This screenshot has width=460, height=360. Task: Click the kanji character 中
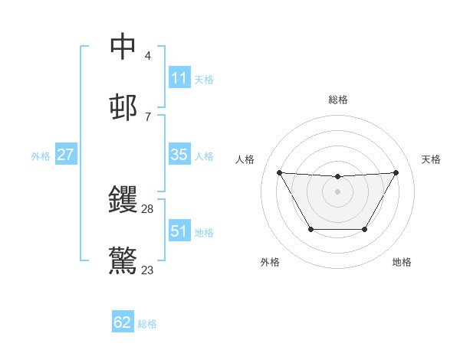pos(123,46)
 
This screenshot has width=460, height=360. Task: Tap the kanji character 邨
pos(123,106)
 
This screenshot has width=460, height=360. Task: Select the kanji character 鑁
pos(123,200)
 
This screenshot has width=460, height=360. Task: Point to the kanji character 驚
pos(123,260)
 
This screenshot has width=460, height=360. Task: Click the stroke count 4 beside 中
pos(147,55)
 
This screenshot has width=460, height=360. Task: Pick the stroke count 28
pos(148,209)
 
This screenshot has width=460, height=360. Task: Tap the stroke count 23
pos(148,270)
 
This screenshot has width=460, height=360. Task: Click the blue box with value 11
pos(179,78)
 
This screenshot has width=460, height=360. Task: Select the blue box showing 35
pos(179,155)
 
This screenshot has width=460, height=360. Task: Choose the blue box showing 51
pos(179,231)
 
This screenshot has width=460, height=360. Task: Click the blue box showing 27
pos(65,155)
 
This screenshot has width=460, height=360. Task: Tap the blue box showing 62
pos(123,322)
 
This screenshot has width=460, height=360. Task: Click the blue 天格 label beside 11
pos(204,79)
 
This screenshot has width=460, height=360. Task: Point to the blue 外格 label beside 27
pos(41,155)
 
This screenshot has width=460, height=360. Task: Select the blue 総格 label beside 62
pos(147,323)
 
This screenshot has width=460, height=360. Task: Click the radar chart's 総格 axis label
pos(337,100)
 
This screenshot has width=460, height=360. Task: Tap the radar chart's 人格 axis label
pos(245,159)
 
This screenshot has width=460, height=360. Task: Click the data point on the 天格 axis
pos(396,172)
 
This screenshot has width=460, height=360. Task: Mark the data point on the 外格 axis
pos(310,229)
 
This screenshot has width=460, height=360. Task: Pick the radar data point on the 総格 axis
pos(337,177)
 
